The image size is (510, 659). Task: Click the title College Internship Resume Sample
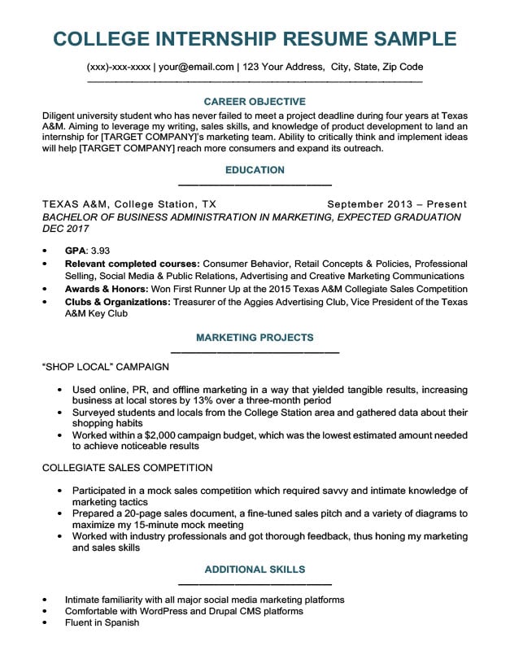click(x=255, y=38)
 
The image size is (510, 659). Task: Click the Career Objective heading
click(x=255, y=102)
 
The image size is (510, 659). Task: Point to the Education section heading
click(x=255, y=170)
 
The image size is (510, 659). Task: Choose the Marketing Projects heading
click(x=255, y=337)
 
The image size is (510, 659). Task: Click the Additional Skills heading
click(x=255, y=569)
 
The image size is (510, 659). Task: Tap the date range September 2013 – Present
click(x=397, y=204)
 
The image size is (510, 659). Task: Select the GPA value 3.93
click(x=100, y=251)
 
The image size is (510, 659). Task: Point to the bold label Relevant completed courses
click(x=132, y=264)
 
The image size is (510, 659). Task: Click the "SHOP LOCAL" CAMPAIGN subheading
click(x=105, y=367)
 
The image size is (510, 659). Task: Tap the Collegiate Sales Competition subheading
click(x=126, y=468)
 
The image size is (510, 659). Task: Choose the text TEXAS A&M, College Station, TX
click(x=129, y=204)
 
